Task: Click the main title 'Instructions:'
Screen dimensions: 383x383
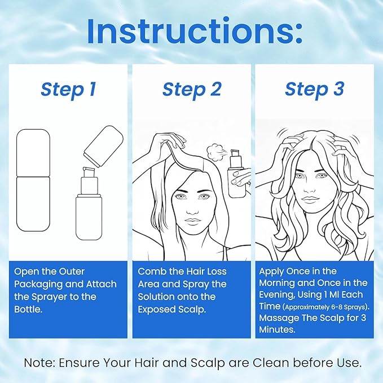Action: click(191, 32)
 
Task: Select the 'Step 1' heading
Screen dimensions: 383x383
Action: click(68, 89)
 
